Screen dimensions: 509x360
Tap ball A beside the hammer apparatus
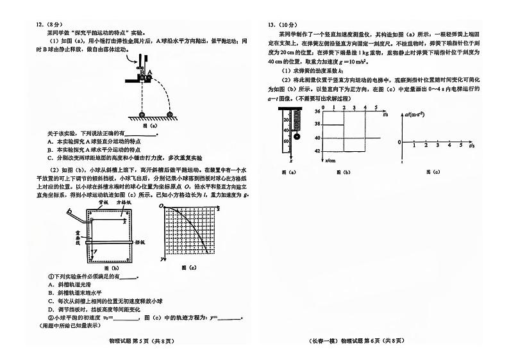click(150, 73)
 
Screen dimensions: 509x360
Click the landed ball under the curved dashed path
click(170, 114)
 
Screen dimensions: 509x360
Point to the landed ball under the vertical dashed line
click(140, 114)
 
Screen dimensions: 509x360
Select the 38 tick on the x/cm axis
click(317, 125)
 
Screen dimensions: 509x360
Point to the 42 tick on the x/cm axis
click(317, 151)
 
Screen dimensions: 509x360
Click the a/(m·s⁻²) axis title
click(417, 115)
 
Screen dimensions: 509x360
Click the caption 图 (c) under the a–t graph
click(436, 172)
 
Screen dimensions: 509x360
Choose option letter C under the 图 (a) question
click(49, 157)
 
